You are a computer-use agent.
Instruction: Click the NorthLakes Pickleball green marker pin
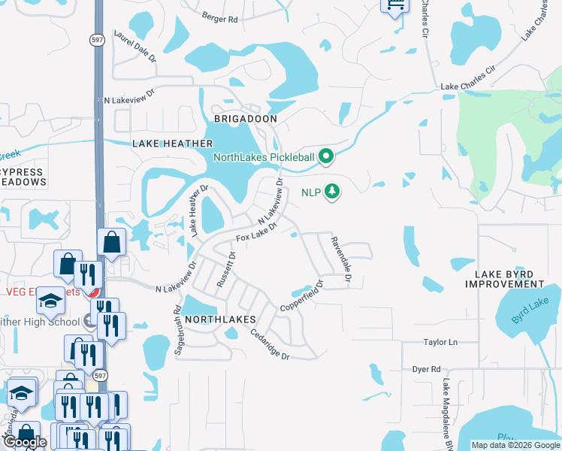[x=325, y=157]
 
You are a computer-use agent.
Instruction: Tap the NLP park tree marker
[x=332, y=192]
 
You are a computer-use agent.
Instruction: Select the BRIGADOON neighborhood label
[x=246, y=119]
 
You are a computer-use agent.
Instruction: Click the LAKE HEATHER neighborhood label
[x=173, y=143]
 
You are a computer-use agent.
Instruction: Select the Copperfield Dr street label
[x=301, y=297]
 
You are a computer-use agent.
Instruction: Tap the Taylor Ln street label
[x=440, y=341]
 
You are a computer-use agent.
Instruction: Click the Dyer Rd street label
[x=425, y=369]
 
